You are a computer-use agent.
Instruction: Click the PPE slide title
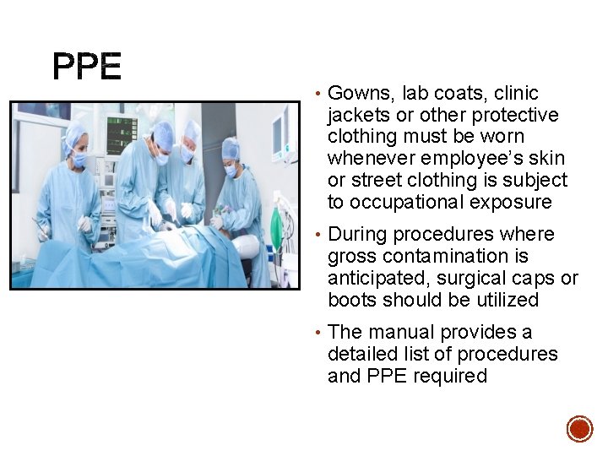(87, 67)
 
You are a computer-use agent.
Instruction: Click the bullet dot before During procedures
(315, 235)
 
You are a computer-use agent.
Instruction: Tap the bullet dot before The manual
(315, 333)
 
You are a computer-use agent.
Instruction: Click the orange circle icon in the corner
(579, 428)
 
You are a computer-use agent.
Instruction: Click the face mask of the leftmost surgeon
(79, 158)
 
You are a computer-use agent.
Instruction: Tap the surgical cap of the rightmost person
(231, 147)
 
